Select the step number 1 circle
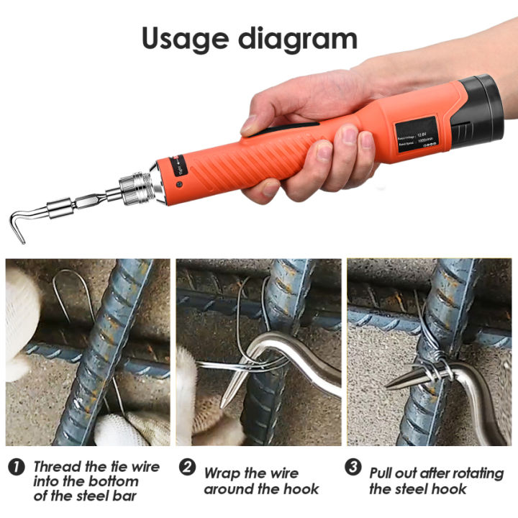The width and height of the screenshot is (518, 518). pos(17,468)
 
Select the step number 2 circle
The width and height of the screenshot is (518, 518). pos(187,468)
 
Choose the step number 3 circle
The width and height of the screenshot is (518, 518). pos(353,468)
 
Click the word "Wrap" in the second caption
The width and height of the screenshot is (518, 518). pos(222,473)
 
